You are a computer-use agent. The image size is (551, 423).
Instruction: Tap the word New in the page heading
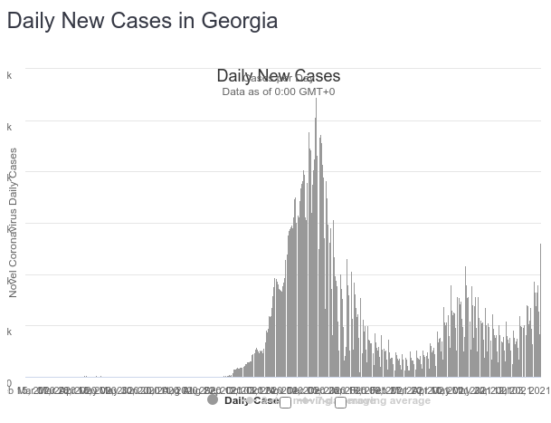click(x=92, y=21)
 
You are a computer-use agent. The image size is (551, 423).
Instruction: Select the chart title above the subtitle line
click(x=279, y=76)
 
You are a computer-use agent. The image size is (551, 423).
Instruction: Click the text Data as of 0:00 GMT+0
click(x=279, y=91)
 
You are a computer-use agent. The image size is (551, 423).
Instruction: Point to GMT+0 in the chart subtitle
click(x=318, y=91)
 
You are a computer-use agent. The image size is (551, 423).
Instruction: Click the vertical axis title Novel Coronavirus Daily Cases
click(x=14, y=222)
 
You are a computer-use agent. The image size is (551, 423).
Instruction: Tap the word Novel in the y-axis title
click(x=14, y=283)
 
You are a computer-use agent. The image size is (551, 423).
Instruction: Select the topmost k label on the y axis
click(x=10, y=76)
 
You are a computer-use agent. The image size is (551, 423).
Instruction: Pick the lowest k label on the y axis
click(x=10, y=332)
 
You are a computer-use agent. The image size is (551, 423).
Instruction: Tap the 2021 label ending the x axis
click(x=538, y=390)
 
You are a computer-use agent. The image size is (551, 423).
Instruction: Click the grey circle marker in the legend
click(x=213, y=399)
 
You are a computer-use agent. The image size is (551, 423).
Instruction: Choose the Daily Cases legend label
click(x=252, y=400)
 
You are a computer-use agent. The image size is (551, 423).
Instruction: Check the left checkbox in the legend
click(x=285, y=401)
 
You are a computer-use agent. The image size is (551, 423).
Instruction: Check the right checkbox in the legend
click(x=340, y=401)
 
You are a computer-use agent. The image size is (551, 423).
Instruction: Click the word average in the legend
click(x=409, y=400)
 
